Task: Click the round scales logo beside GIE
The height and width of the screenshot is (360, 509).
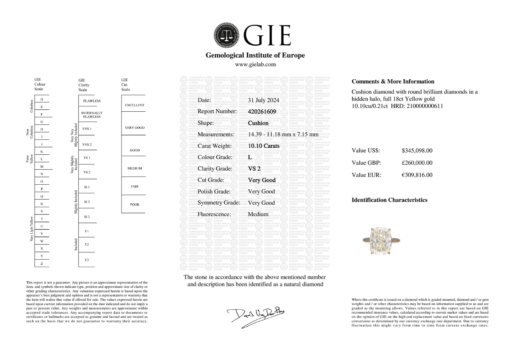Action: click(227, 35)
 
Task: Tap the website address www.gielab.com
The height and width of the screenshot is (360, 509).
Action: click(255, 64)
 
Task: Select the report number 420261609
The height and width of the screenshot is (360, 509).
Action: click(262, 112)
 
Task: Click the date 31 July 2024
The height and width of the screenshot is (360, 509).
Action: click(263, 100)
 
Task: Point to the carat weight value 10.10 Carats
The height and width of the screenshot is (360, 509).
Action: click(264, 146)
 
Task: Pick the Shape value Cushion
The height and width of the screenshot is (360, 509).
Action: click(258, 123)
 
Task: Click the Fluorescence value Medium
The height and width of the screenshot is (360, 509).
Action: click(258, 214)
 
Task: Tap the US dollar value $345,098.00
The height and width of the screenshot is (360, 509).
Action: click(417, 151)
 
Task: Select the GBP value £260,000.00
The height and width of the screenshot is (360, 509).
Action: click(417, 163)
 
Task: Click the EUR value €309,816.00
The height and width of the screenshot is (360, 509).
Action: click(417, 175)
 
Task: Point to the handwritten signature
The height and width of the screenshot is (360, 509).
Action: click(256, 316)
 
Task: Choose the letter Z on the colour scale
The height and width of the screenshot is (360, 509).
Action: click(42, 264)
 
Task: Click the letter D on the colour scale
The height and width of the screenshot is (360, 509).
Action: click(42, 99)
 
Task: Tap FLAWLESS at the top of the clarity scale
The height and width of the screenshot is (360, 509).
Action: click(92, 101)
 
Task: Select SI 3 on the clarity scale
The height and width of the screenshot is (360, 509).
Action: click(87, 217)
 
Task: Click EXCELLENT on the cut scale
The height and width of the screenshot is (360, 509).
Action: click(135, 105)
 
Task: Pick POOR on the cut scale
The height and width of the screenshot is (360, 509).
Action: click(135, 205)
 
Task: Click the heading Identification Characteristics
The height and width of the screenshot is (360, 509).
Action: click(389, 200)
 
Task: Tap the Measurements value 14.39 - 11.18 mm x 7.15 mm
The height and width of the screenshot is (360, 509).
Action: click(283, 135)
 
